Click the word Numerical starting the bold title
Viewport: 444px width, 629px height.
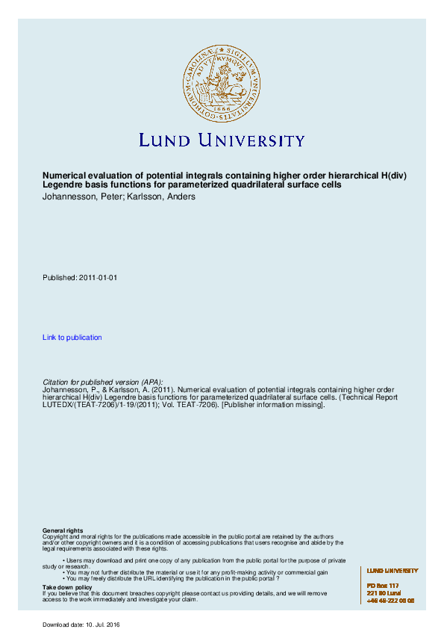click(64, 176)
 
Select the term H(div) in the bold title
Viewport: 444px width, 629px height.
click(393, 176)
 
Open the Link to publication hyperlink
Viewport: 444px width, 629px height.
click(72, 338)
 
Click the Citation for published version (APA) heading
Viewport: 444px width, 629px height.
click(102, 382)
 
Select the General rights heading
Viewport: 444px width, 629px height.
click(63, 530)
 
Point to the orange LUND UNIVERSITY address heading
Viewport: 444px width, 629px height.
click(393, 571)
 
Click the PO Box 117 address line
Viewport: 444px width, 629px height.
click(383, 586)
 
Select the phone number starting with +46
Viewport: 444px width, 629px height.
click(390, 601)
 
